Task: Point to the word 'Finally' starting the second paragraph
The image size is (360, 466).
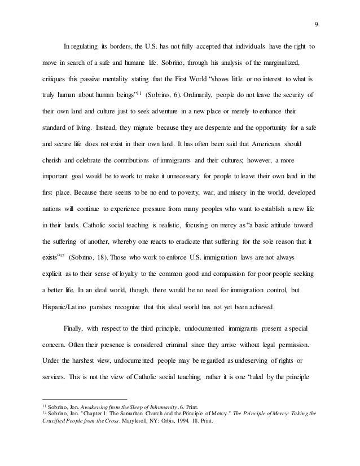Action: [74, 329]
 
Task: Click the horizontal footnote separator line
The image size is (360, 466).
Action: [85, 398]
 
